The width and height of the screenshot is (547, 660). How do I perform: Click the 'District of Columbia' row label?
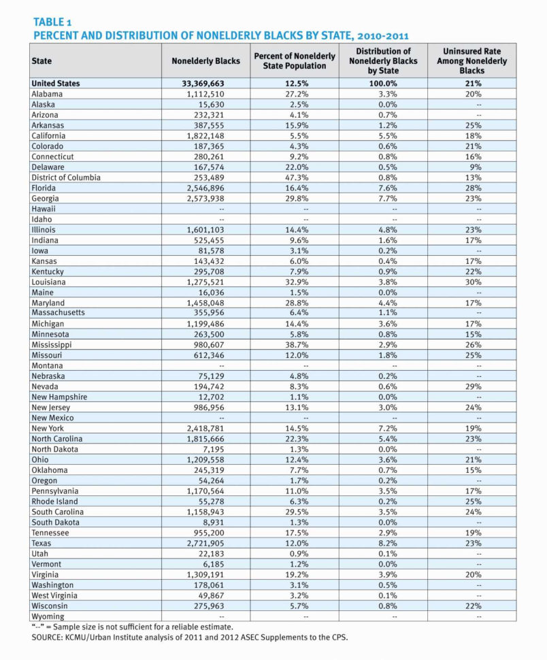click(66, 178)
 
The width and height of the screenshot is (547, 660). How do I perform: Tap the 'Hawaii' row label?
click(44, 209)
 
